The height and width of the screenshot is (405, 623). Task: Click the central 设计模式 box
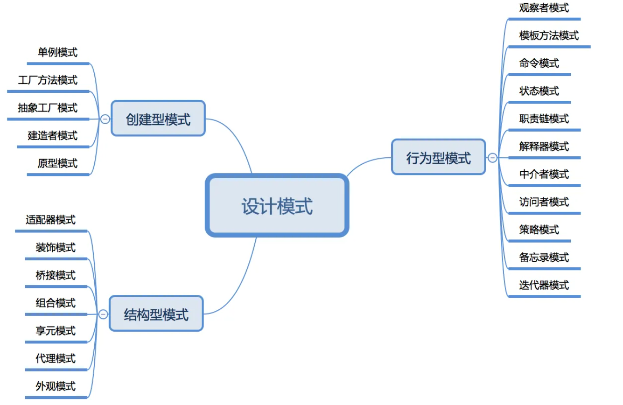[277, 206]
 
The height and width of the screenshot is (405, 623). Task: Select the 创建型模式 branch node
[158, 119]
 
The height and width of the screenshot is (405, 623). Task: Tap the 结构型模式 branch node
[156, 314]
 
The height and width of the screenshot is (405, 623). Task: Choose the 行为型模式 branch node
[438, 158]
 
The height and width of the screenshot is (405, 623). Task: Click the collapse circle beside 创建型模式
[105, 119]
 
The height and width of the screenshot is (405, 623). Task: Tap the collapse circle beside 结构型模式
[103, 314]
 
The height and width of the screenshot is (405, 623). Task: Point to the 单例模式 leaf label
[57, 52]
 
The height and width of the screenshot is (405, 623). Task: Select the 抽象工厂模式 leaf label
[48, 108]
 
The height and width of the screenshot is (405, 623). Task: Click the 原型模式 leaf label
[57, 163]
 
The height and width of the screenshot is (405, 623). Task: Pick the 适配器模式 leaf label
[50, 219]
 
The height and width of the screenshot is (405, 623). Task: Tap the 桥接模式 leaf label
[56, 275]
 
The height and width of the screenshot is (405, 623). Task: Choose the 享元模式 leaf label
[56, 331]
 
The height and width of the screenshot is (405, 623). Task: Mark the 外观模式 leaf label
[56, 386]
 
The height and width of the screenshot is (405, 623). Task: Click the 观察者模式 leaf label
[544, 8]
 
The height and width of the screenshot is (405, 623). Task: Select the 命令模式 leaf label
[539, 63]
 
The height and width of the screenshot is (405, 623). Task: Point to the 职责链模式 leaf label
[544, 119]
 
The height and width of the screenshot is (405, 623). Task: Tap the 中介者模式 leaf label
[544, 175]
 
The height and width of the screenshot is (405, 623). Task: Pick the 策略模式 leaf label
[539, 230]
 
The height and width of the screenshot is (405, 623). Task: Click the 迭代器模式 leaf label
[544, 285]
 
